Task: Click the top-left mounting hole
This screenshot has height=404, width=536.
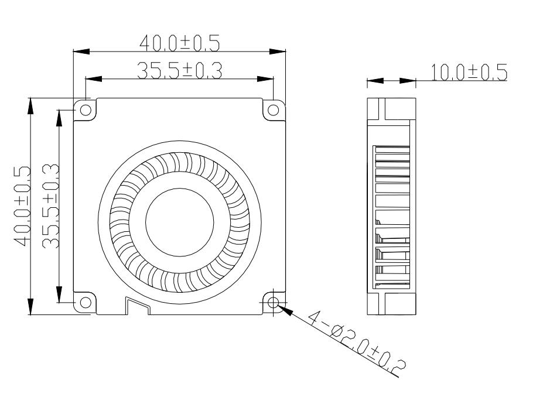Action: pyautogui.click(x=85, y=109)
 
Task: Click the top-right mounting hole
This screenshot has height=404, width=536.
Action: pyautogui.click(x=274, y=109)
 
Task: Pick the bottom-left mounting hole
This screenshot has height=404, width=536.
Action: pyautogui.click(x=85, y=302)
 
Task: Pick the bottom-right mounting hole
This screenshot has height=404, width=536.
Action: pyautogui.click(x=274, y=302)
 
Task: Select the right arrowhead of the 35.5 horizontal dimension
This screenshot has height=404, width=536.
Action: pyautogui.click(x=266, y=78)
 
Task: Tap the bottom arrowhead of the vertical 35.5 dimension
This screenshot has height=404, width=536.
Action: pyautogui.click(x=59, y=295)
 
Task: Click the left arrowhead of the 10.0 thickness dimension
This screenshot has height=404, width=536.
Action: pyautogui.click(x=375, y=81)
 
